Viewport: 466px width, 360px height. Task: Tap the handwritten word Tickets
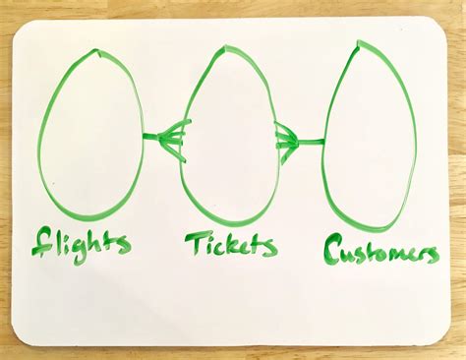(230, 243)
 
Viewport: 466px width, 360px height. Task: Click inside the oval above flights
(90, 132)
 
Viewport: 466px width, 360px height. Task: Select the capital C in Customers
(334, 247)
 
